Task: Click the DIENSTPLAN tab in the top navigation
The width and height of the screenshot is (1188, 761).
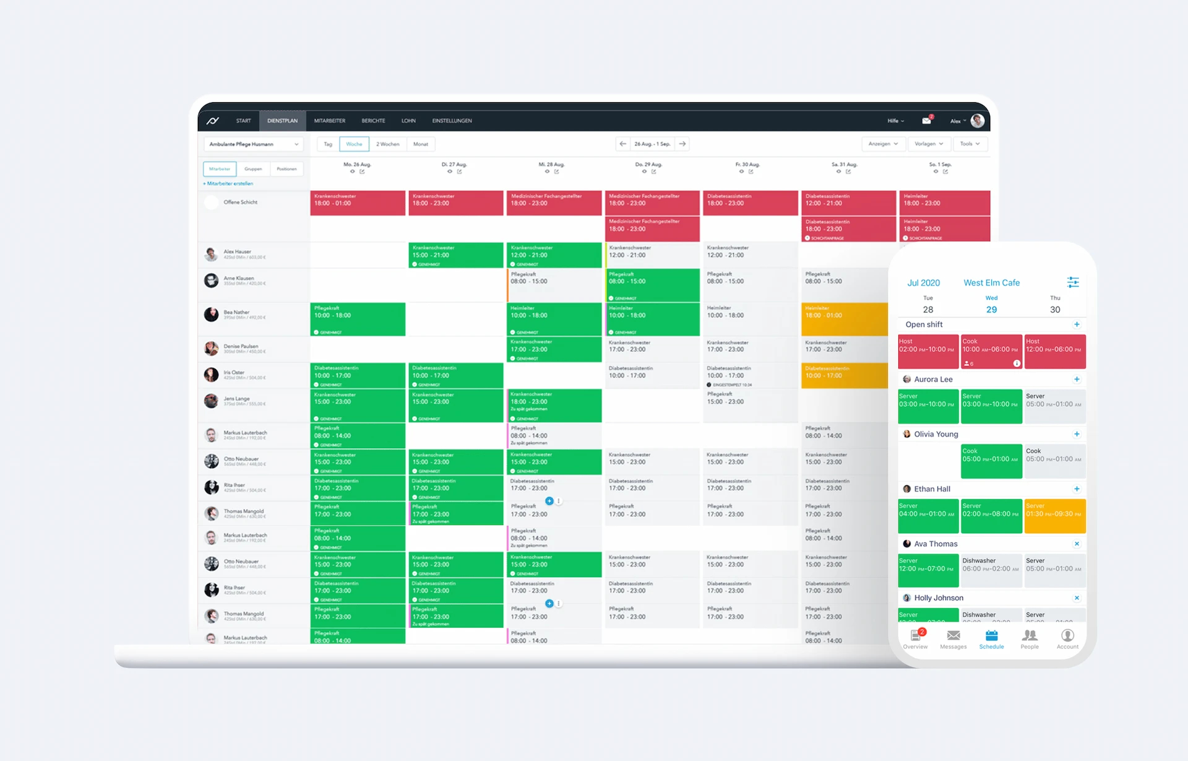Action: click(x=282, y=121)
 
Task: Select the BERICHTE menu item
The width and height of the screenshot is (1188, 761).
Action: click(x=373, y=121)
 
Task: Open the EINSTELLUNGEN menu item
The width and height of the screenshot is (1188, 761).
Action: click(x=452, y=121)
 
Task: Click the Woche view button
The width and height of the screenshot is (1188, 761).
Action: click(x=354, y=144)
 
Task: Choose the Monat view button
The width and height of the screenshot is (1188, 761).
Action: click(x=421, y=144)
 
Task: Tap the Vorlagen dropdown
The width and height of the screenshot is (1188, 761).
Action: click(x=929, y=144)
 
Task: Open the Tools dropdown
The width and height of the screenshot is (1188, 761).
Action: click(x=970, y=144)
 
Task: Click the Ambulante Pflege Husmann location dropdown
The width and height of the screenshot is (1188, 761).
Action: click(x=253, y=144)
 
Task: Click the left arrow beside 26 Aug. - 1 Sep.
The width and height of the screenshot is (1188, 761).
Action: click(x=622, y=144)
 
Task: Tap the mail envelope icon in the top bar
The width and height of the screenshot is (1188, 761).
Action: click(x=926, y=121)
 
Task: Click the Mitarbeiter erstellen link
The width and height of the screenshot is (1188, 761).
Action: click(x=228, y=184)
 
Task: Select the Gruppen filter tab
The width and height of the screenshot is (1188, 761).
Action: click(x=253, y=169)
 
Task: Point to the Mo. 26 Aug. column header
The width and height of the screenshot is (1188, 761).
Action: click(x=357, y=165)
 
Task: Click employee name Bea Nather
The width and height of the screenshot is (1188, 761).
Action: click(x=236, y=312)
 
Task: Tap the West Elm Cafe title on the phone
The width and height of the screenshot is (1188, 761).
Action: click(x=991, y=283)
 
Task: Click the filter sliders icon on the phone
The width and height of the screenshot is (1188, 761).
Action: click(x=1073, y=282)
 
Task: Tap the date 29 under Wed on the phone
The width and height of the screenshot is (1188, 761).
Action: click(x=991, y=310)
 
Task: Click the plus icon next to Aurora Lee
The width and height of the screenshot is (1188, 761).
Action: click(x=1077, y=380)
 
